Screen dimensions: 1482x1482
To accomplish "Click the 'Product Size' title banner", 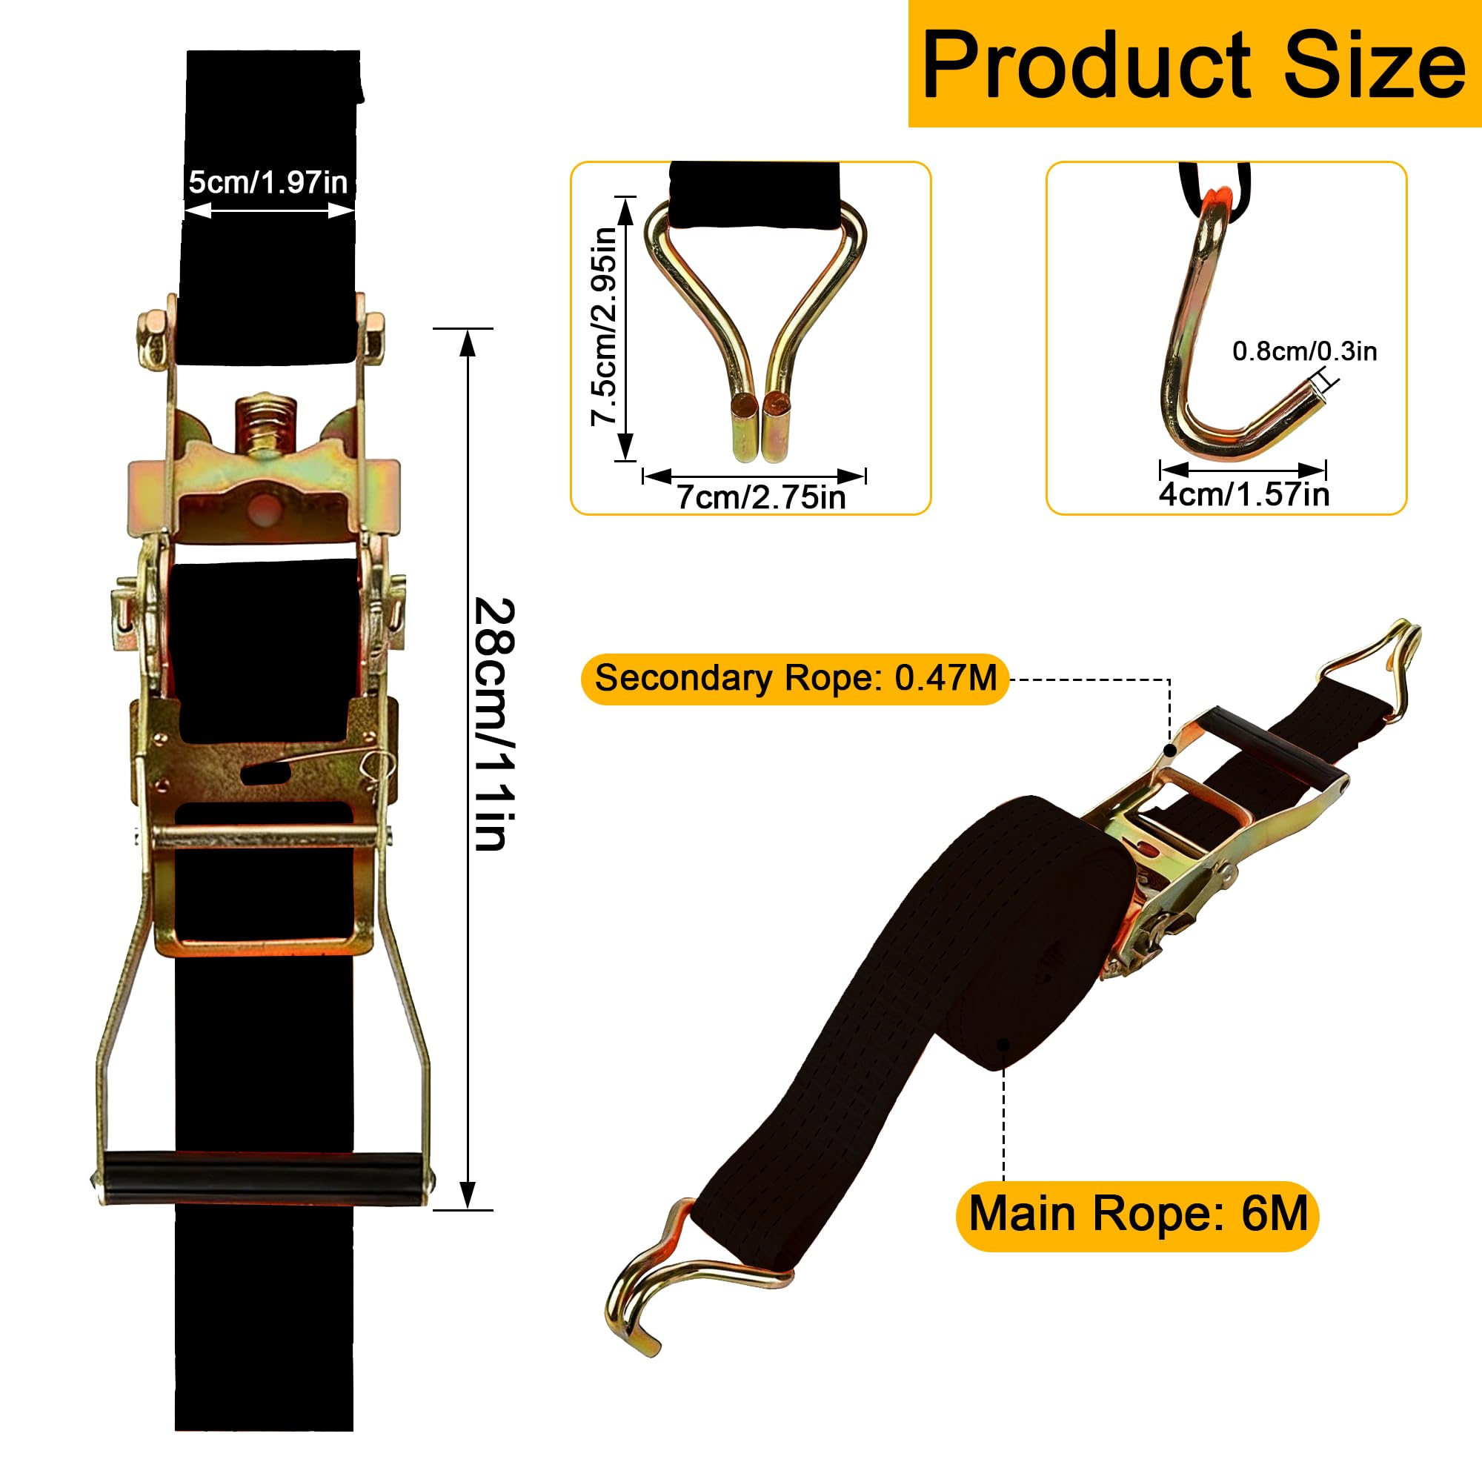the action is point(1195,64).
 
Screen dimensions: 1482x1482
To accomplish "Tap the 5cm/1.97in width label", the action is point(268,182).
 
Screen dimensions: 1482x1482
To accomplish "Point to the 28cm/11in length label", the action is point(494,724).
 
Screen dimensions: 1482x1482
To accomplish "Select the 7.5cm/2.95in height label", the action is point(604,326).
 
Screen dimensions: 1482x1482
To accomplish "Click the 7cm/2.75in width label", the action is point(761,497).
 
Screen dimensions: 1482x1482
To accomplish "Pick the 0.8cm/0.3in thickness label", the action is point(1305,351).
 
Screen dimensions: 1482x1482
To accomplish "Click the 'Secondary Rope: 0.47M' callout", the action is point(795,678).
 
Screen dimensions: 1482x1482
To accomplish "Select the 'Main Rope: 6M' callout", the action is point(1138,1214).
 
